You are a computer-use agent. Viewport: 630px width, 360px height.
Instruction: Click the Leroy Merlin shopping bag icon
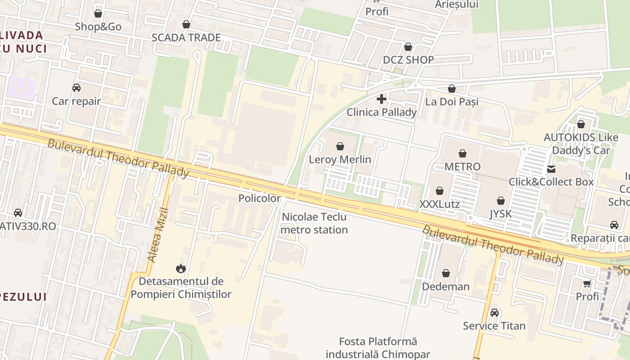[340, 146]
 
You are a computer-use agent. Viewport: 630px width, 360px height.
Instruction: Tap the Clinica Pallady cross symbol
[382, 99]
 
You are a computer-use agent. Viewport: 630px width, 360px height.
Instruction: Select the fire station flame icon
[181, 269]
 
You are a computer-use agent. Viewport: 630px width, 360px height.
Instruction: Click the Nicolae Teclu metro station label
[314, 223]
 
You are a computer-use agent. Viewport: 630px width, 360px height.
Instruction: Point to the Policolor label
[259, 198]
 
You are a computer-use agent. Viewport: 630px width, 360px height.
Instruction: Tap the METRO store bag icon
[463, 153]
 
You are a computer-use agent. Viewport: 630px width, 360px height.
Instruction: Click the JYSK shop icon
[501, 201]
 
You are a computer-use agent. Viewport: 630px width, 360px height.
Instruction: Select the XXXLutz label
[440, 204]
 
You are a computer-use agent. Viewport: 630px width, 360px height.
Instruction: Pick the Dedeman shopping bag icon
[445, 273]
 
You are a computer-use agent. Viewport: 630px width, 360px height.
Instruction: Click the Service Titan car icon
[495, 312]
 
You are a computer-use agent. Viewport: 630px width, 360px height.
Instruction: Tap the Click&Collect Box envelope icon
[551, 169]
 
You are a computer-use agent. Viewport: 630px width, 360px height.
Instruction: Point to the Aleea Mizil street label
[158, 234]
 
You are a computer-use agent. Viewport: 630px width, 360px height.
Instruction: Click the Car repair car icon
[76, 88]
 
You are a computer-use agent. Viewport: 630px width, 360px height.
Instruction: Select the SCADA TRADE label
[186, 38]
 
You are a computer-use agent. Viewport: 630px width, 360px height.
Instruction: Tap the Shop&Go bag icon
[98, 13]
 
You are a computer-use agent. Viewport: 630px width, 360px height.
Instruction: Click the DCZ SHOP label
[408, 60]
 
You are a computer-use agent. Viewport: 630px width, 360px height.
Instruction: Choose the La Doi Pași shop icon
[452, 89]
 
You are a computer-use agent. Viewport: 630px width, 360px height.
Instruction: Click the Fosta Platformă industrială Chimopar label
[378, 348]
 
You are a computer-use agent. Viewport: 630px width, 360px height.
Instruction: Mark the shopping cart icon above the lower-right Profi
[587, 283]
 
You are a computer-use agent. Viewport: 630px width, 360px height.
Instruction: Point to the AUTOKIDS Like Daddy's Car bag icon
[581, 124]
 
